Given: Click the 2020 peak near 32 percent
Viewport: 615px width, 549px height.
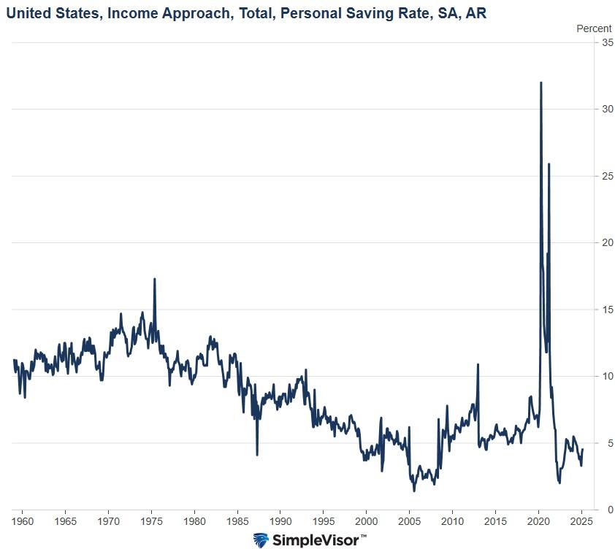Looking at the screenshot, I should click(x=540, y=83).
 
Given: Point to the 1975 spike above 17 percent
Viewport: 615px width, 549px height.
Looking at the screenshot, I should click(x=154, y=279).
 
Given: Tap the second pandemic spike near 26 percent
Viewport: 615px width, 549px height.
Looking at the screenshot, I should click(x=549, y=164).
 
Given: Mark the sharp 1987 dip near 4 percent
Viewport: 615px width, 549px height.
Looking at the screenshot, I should click(x=257, y=454).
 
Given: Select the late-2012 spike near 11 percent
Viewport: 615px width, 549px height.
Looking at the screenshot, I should click(x=478, y=364).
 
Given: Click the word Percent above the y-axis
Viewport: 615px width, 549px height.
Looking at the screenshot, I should click(x=594, y=28).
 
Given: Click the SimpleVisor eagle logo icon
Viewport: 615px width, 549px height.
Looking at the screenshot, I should click(x=261, y=540).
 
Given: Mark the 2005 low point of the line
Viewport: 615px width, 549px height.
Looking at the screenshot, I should click(x=414, y=491).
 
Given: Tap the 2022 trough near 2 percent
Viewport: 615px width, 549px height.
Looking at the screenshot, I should click(x=559, y=483).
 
